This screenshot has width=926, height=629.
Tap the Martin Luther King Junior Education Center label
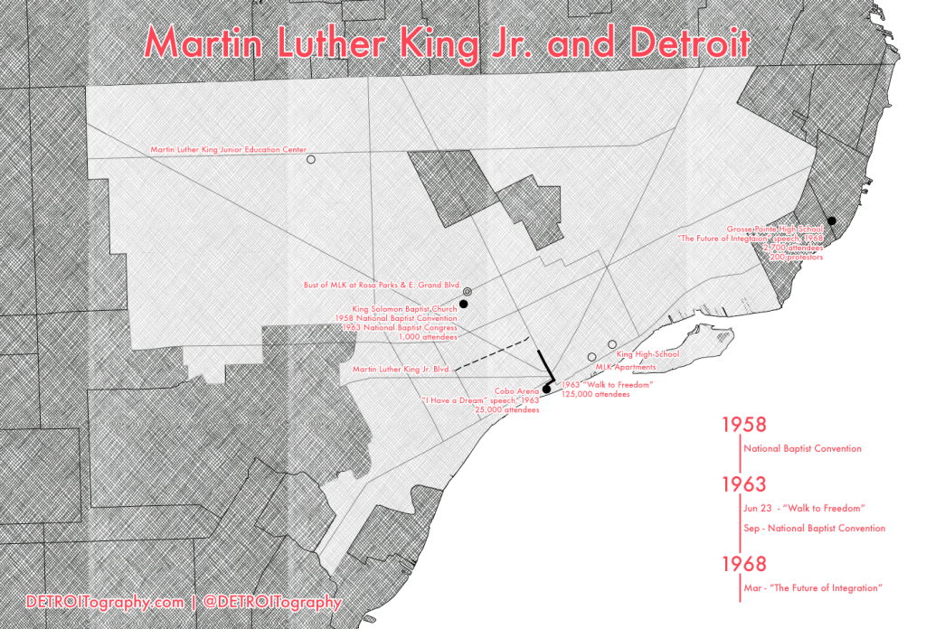[x=229, y=149]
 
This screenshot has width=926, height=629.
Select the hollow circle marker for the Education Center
[x=311, y=159]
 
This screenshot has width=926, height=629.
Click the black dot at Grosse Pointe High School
[x=830, y=221]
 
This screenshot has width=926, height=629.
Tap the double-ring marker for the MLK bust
[x=468, y=292]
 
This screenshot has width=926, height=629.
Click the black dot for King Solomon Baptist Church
[x=464, y=305]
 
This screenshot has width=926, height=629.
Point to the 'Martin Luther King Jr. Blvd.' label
[x=401, y=369]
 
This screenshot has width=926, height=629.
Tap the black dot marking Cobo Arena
[x=545, y=390]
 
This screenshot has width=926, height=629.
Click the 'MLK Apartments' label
[x=625, y=367]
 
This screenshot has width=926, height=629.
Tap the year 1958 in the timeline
[x=743, y=424]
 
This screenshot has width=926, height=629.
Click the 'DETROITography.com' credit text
[x=106, y=601]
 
